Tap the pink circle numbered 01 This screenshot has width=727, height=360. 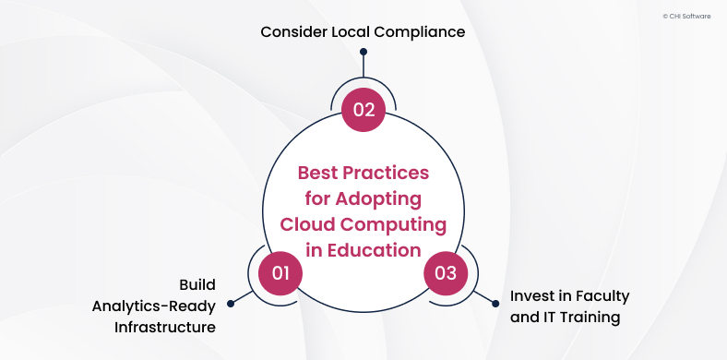(280, 272)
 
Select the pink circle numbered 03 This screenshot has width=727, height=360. (446, 272)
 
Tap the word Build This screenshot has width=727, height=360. (197, 283)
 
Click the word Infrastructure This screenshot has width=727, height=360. (165, 327)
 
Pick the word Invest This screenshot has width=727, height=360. (532, 297)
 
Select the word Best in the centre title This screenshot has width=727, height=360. (318, 174)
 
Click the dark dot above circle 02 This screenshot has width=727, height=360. (363, 53)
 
